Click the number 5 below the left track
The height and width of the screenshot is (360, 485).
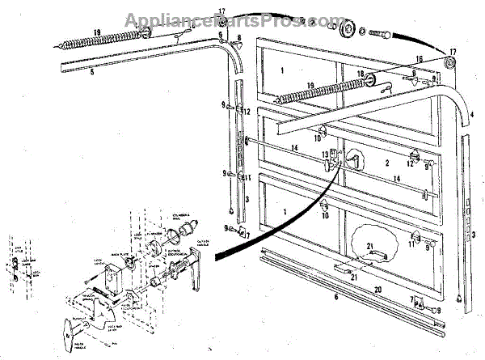pos(93,71)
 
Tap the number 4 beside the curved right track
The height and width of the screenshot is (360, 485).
pos(471,116)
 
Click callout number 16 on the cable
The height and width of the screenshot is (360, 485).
pos(419,58)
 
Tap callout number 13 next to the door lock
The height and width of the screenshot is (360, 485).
pos(324,154)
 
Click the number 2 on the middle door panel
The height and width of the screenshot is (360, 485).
pos(365,163)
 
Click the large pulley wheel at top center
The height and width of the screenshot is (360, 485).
pos(348,30)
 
